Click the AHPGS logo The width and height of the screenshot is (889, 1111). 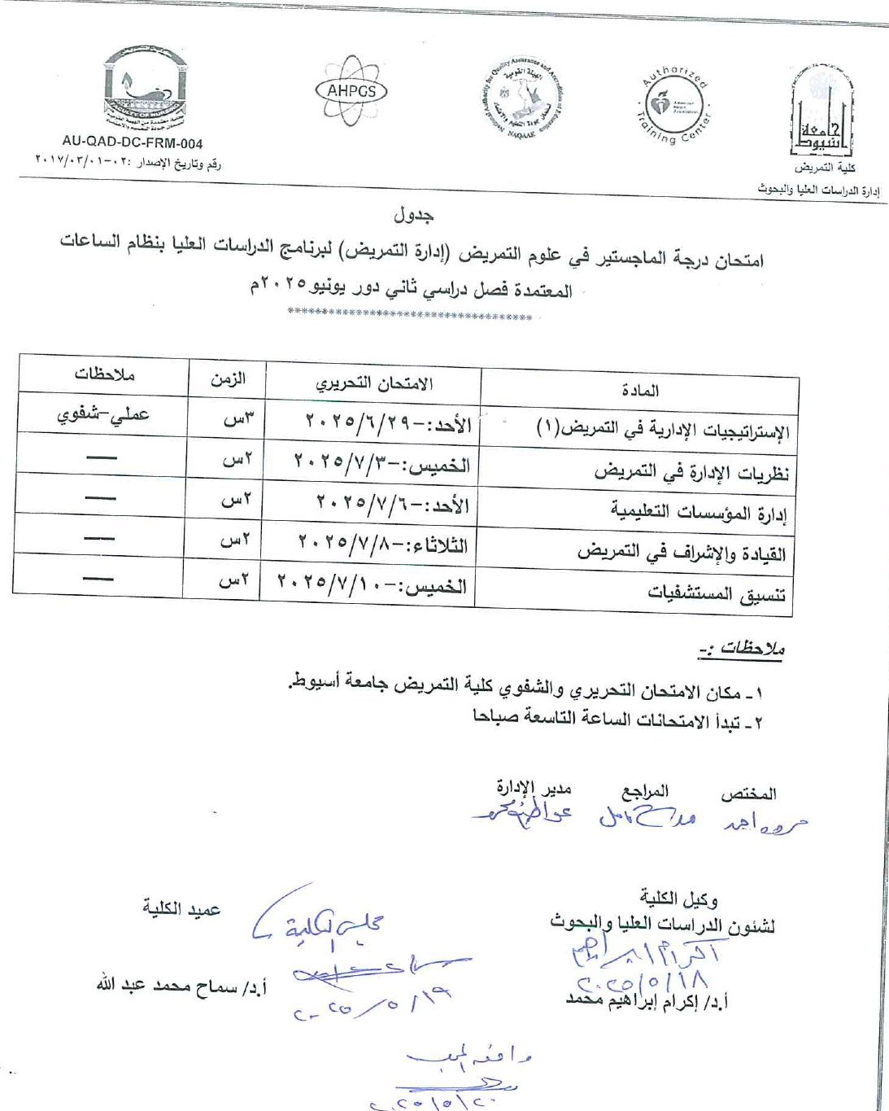click(351, 91)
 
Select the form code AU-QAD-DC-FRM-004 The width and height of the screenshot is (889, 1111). click(133, 143)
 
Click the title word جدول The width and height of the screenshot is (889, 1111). click(413, 215)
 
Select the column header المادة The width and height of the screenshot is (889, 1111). click(639, 391)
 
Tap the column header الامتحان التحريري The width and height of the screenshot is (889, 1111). click(374, 383)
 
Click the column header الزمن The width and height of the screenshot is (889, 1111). click(228, 379)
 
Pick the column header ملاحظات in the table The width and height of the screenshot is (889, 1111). click(104, 374)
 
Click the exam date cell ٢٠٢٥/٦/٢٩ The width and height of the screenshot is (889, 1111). click(388, 422)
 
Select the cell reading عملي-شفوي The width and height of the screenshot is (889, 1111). click(102, 414)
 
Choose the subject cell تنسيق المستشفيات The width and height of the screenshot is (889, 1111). click(717, 593)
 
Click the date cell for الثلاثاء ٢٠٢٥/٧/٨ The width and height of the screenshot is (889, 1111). click(383, 543)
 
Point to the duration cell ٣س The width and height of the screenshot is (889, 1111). click(238, 419)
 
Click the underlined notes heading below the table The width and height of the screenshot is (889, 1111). click(740, 649)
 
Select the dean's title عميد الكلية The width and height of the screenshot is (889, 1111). click(181, 909)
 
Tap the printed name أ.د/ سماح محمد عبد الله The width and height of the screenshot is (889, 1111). click(181, 986)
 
